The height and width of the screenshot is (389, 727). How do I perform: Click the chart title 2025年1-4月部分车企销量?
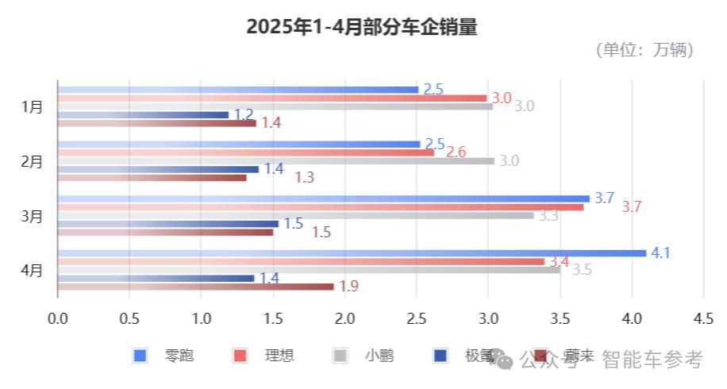(x=362, y=27)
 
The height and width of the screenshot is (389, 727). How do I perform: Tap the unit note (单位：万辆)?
(x=644, y=50)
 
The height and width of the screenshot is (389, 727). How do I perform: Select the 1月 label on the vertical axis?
(x=33, y=106)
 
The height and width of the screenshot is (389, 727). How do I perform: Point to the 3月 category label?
(x=33, y=215)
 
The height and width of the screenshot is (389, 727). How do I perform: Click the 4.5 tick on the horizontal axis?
(x=703, y=319)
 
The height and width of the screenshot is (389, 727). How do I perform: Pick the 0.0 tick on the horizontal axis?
(x=58, y=319)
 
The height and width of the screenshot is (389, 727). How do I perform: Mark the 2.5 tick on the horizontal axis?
(x=417, y=319)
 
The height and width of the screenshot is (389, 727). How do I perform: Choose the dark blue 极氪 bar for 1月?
(x=143, y=115)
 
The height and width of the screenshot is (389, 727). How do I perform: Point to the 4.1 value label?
(x=661, y=253)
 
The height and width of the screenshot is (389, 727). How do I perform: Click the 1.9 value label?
(x=349, y=287)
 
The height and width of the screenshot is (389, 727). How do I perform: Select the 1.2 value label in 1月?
(x=244, y=115)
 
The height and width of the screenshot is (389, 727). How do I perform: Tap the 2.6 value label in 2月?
(x=456, y=152)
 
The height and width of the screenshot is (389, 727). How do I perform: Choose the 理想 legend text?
(x=279, y=356)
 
